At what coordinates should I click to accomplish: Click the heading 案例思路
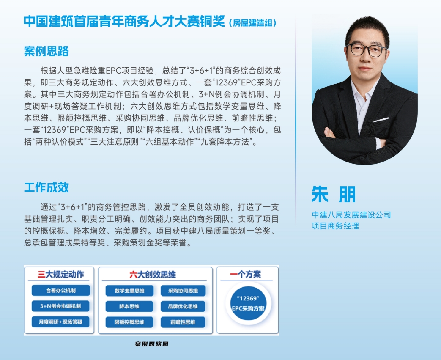(46, 51)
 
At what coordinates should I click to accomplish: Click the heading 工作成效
(46, 187)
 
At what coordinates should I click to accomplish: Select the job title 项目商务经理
(335, 226)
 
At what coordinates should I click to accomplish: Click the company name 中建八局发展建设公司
(351, 215)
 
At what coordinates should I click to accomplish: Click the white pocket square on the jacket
(381, 120)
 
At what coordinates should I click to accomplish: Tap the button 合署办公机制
(60, 291)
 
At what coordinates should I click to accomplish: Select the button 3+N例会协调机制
(60, 306)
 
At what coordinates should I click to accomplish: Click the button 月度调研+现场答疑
(60, 322)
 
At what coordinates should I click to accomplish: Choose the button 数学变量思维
(129, 291)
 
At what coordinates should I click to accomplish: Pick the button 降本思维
(129, 306)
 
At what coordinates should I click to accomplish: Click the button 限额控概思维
(129, 322)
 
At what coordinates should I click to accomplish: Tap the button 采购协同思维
(183, 291)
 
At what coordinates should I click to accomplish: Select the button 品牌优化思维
(183, 306)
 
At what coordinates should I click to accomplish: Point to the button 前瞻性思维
(183, 322)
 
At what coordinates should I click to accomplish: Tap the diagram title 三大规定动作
(61, 274)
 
